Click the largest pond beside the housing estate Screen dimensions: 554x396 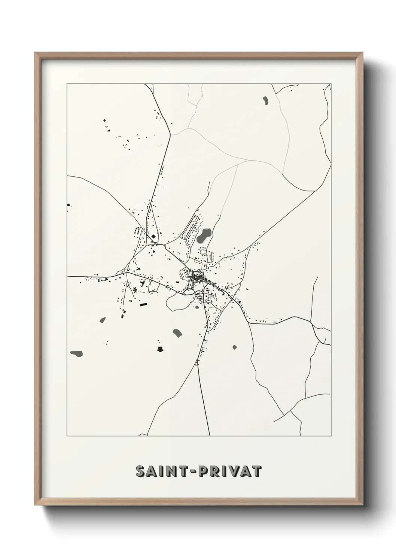[x=203, y=236]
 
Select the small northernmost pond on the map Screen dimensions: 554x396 [x=265, y=100]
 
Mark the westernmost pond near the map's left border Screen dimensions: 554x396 [x=76, y=353]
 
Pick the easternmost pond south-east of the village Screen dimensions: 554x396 [x=235, y=347]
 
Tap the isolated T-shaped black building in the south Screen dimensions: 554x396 [x=160, y=349]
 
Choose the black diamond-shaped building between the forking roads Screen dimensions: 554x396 [x=153, y=237]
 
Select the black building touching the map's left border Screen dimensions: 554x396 [x=68, y=205]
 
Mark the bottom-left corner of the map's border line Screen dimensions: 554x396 [x=67, y=436]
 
